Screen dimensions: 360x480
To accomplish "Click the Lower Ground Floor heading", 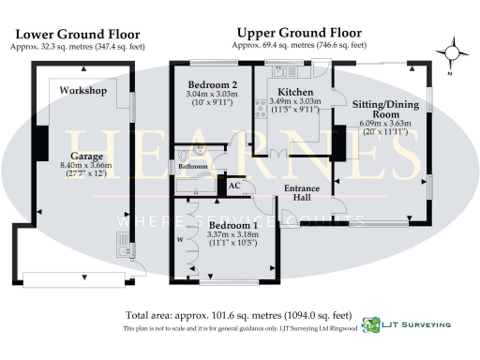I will pos(71,33).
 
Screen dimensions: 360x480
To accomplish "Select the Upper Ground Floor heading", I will pos(299,31).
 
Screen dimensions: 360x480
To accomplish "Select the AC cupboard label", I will pos(236,185).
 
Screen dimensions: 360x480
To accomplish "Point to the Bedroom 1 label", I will pos(231,226).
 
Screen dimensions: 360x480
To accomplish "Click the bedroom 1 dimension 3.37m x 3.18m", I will pos(231,236).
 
